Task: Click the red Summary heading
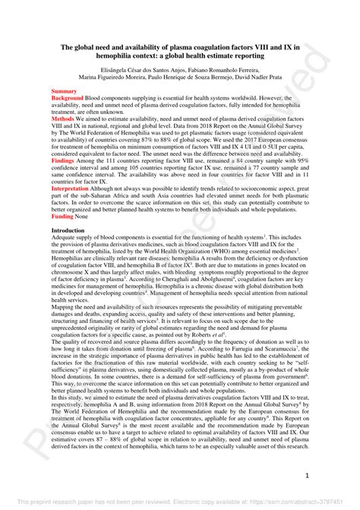(64, 90)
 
